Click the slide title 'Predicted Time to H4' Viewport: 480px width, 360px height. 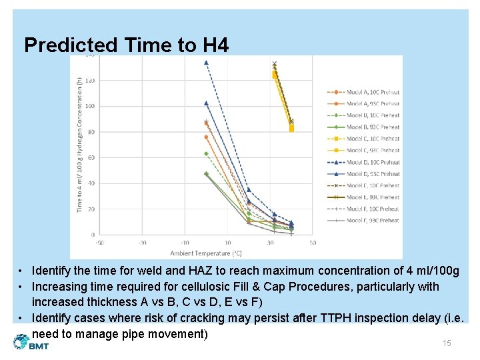point(126,45)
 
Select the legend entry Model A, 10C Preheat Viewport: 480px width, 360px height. point(363,91)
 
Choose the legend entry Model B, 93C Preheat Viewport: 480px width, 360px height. point(363,127)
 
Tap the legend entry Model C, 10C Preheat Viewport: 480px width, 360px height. point(363,139)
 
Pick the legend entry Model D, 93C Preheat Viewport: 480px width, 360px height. point(363,173)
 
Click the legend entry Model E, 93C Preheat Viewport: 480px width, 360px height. point(363,197)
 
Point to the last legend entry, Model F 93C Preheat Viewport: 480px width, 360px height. point(363,220)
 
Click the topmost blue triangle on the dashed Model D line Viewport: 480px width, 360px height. point(206,63)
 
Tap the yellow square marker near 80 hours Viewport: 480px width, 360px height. point(291,129)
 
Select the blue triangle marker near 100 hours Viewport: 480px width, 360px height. point(206,103)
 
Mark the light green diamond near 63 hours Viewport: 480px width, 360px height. point(206,153)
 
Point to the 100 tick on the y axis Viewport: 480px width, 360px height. point(89,106)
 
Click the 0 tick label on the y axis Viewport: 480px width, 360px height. point(93,235)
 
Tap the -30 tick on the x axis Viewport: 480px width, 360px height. point(141,243)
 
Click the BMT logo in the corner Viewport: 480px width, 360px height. point(31,342)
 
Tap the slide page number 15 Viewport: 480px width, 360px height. point(447,343)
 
